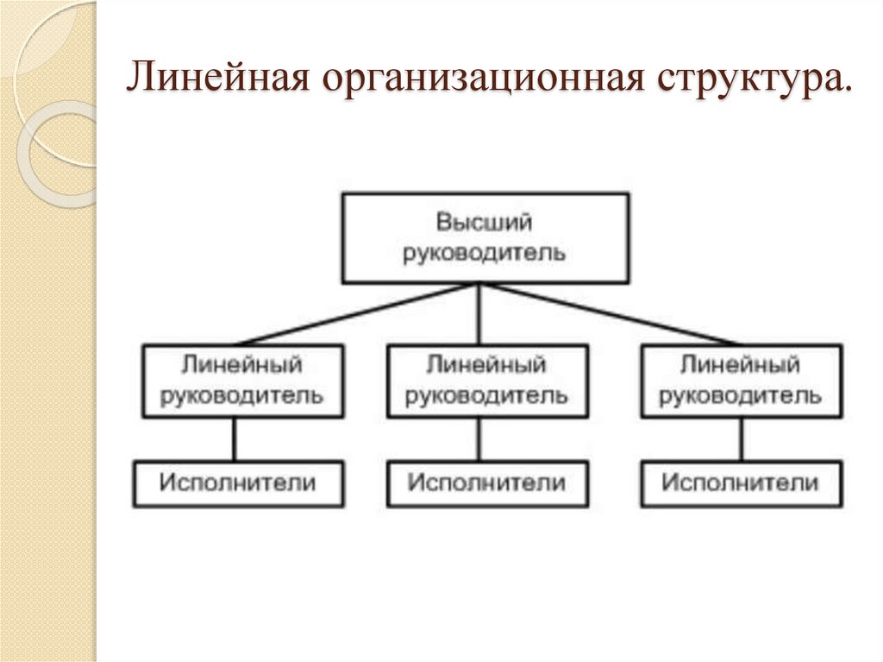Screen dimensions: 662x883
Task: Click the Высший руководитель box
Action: click(x=485, y=237)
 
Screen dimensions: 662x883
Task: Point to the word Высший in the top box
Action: click(x=484, y=223)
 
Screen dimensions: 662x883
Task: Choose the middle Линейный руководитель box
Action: click(x=487, y=381)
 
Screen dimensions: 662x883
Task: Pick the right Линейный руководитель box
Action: click(x=741, y=381)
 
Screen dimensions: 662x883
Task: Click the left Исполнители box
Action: click(x=237, y=483)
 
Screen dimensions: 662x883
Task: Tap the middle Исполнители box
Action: click(x=487, y=483)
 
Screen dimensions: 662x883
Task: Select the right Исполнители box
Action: click(x=741, y=483)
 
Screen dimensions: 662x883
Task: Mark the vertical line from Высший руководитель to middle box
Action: click(x=479, y=314)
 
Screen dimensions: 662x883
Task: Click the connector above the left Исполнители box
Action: click(x=234, y=439)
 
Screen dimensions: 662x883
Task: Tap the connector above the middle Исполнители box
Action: click(x=479, y=439)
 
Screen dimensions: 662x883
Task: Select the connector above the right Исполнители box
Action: click(x=740, y=439)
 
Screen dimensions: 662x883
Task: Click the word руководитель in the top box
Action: click(x=485, y=253)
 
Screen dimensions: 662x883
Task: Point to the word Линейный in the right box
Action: click(x=741, y=365)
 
